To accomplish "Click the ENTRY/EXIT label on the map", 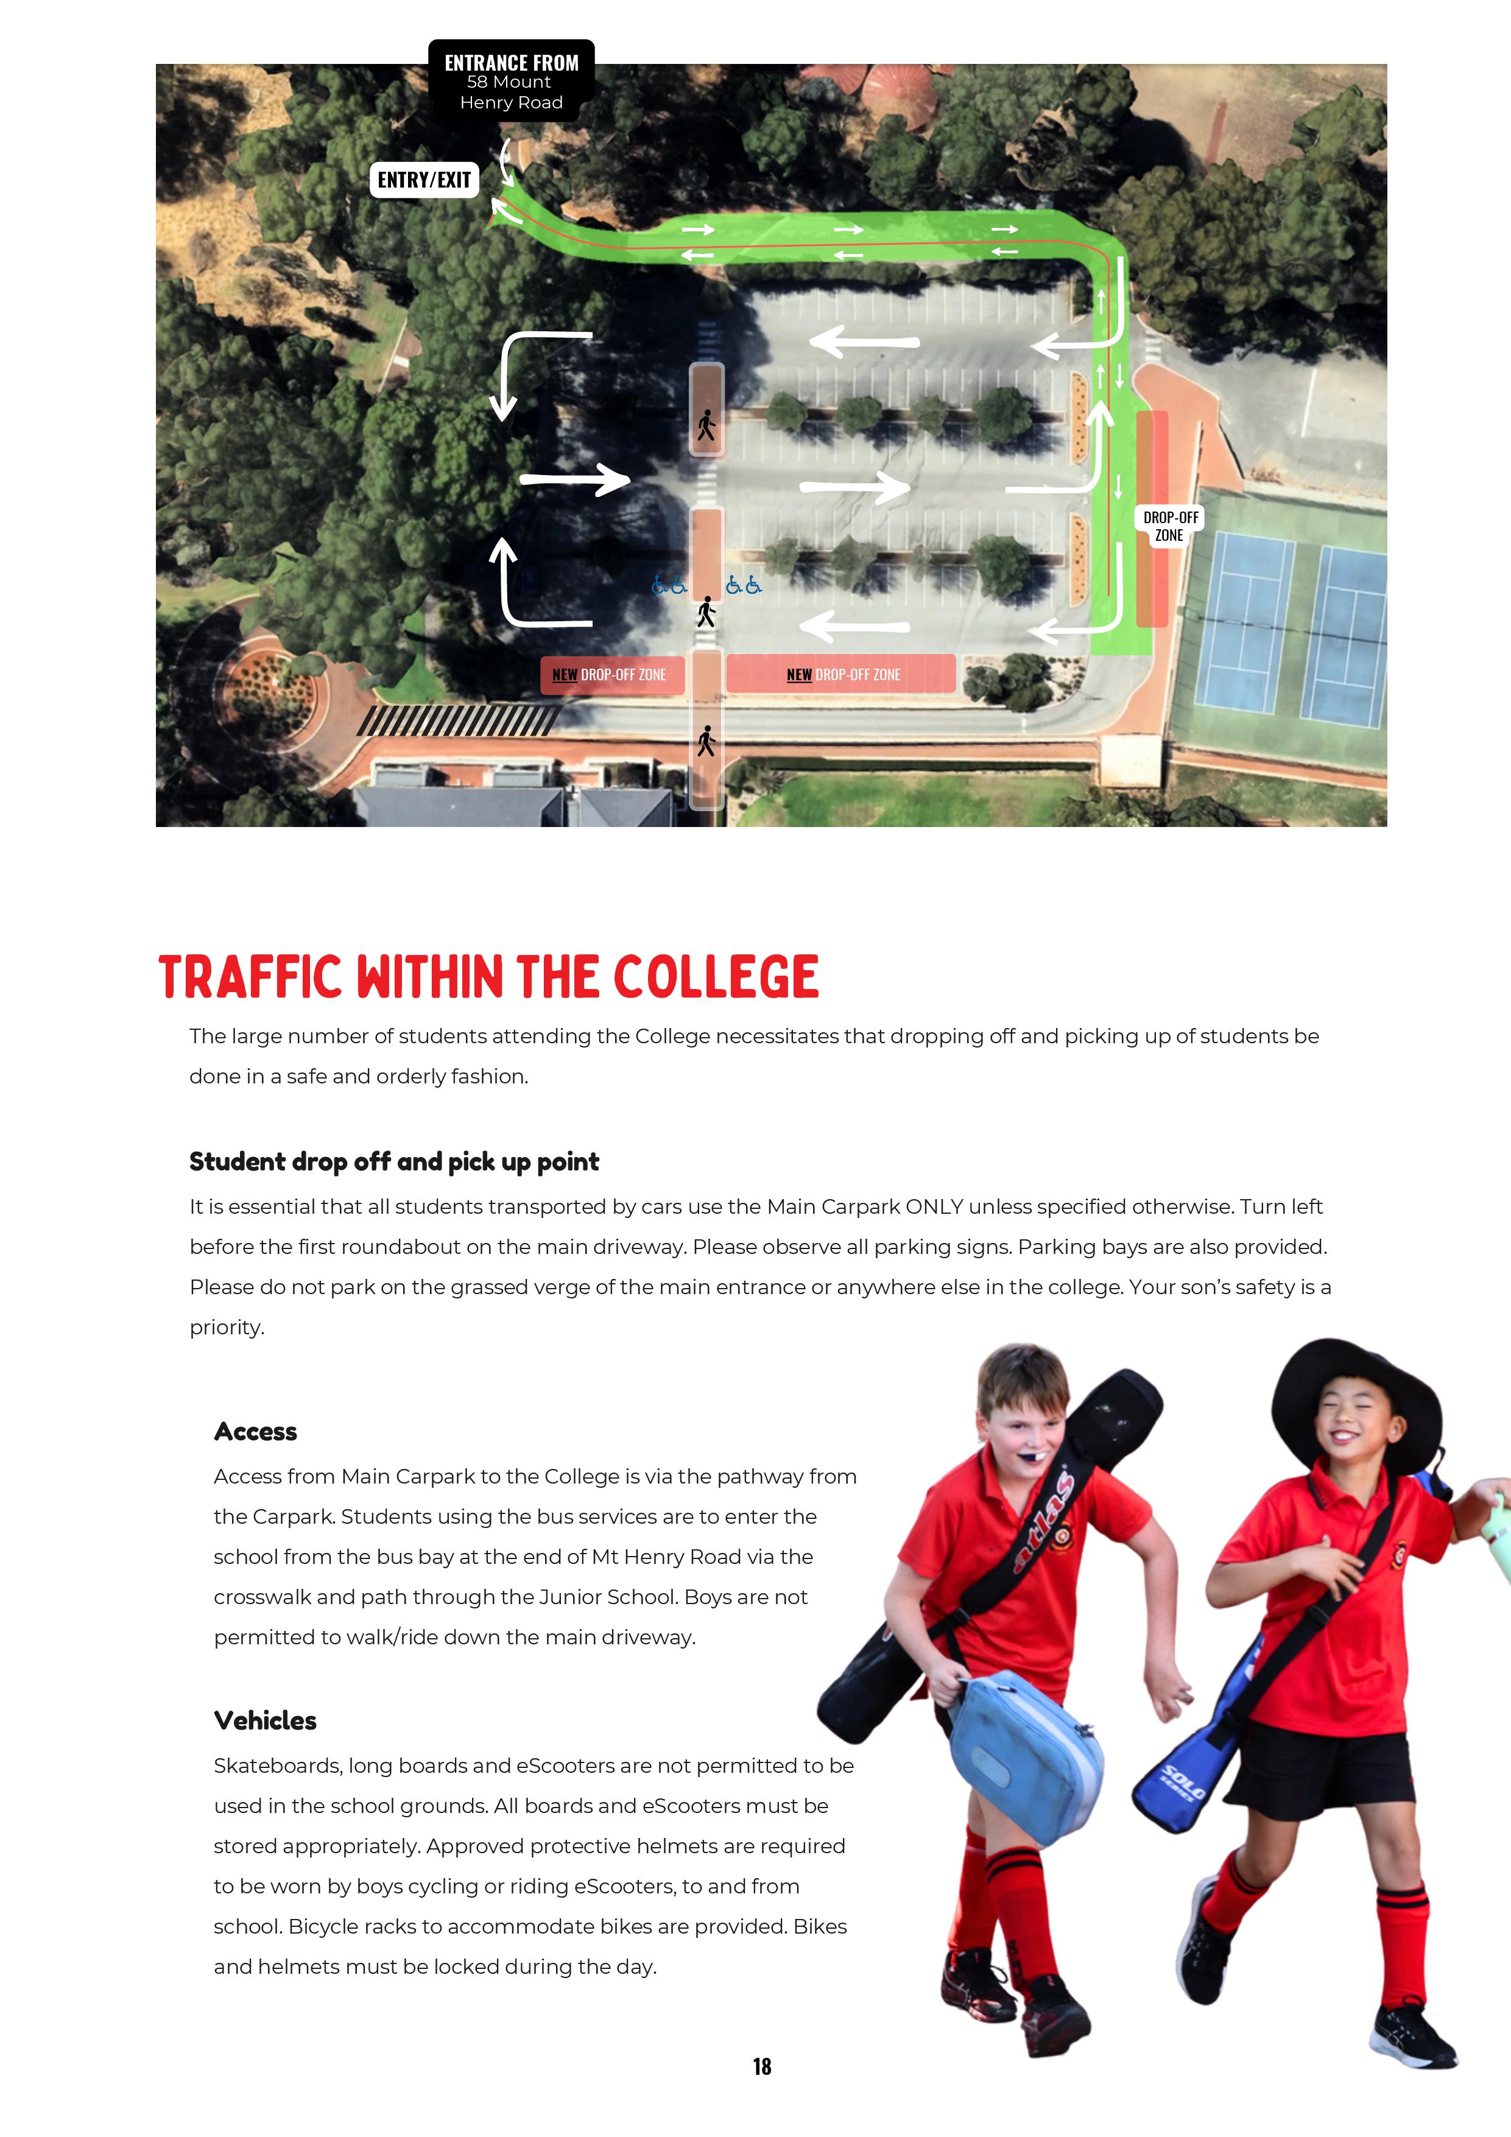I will point(424,180).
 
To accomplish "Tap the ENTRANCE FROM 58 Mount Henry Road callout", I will point(511,82).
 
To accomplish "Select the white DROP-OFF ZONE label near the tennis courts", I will point(1171,526).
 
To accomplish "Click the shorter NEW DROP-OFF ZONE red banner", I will point(611,674).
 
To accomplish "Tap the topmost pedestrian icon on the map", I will point(706,425).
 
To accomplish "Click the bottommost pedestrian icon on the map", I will point(706,741).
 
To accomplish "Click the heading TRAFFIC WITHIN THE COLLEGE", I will point(489,977).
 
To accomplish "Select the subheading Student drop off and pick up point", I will point(394,1161).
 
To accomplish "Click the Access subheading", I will point(255,1432).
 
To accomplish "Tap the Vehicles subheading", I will point(266,1720).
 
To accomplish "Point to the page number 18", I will point(761,2066).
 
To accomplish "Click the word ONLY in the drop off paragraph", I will point(934,1206).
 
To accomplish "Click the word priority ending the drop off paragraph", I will point(226,1327).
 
